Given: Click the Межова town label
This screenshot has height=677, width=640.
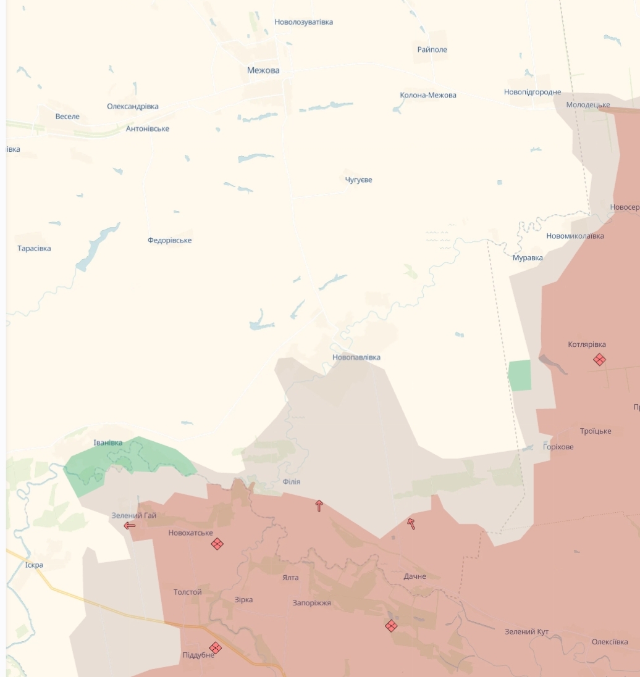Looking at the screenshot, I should pyautogui.click(x=263, y=70).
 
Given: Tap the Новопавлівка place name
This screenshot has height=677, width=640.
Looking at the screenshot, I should pyautogui.click(x=356, y=357).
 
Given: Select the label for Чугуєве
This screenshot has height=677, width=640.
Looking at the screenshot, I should pyautogui.click(x=359, y=180).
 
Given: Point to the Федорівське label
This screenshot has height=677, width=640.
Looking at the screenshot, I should pyautogui.click(x=169, y=240).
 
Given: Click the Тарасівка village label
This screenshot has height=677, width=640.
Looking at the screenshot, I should pyautogui.click(x=34, y=249).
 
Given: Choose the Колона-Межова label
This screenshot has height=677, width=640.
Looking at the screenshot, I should pyautogui.click(x=428, y=95).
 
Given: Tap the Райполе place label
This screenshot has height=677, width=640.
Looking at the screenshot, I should pyautogui.click(x=432, y=49).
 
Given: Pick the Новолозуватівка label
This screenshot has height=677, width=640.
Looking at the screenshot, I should pyautogui.click(x=304, y=22).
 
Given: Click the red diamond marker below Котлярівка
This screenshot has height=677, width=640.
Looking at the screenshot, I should pyautogui.click(x=599, y=359).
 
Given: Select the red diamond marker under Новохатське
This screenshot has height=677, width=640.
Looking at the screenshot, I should pyautogui.click(x=217, y=544).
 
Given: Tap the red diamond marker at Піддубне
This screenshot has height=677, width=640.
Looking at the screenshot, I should pyautogui.click(x=215, y=647).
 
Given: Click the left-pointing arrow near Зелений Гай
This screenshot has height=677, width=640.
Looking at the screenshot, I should pyautogui.click(x=130, y=526).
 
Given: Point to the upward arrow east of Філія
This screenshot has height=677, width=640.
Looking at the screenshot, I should pyautogui.click(x=319, y=506).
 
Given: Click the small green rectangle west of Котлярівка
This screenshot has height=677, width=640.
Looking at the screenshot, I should pyautogui.click(x=520, y=375).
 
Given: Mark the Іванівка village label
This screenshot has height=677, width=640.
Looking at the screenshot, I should pyautogui.click(x=108, y=443).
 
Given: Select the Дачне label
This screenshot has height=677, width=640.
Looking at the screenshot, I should pyautogui.click(x=415, y=576).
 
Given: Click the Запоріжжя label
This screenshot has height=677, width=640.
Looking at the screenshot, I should pyautogui.click(x=312, y=603).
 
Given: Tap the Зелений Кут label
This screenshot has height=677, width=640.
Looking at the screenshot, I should pyautogui.click(x=526, y=632).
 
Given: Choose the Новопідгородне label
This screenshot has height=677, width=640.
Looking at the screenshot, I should pyautogui.click(x=533, y=93).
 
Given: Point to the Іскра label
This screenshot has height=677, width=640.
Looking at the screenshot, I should pyautogui.click(x=34, y=565).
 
